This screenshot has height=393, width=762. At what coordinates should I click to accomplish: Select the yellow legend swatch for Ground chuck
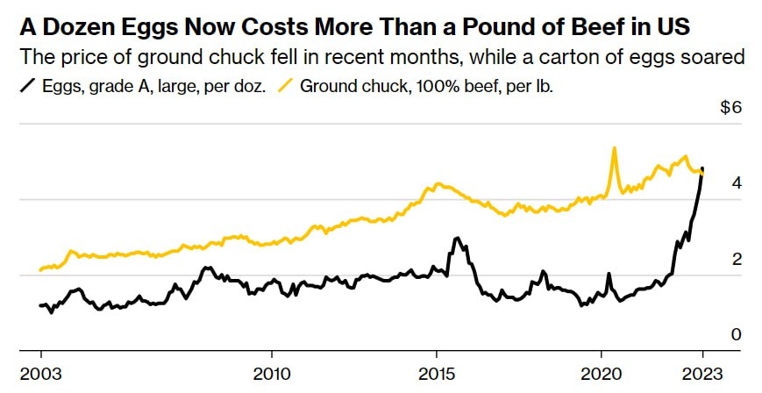click(287, 86)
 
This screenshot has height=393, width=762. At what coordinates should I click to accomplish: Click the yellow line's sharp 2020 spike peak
click(614, 147)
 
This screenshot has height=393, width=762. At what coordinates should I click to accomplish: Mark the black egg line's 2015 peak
click(456, 238)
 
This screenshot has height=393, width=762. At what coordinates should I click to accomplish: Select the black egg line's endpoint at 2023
click(702, 169)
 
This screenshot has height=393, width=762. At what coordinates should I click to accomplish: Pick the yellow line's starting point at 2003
click(41, 270)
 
